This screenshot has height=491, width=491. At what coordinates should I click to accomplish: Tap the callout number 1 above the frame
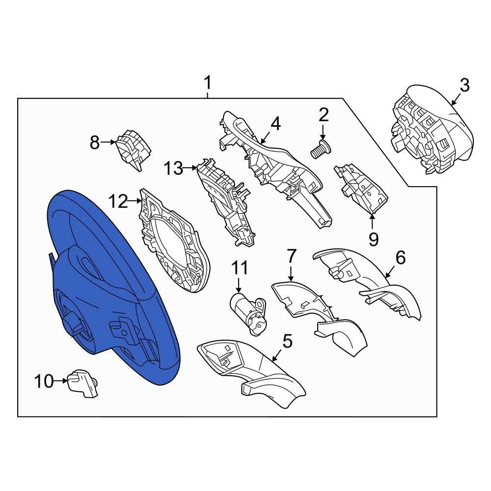[x=208, y=82]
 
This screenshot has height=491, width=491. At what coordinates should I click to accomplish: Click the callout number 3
[x=464, y=85]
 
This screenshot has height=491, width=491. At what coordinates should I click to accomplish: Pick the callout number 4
[x=275, y=124]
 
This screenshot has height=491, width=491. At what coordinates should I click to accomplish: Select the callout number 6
[x=401, y=257]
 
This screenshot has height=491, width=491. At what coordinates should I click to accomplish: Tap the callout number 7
[x=291, y=256]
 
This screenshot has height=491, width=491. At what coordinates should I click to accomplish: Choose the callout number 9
[x=373, y=240]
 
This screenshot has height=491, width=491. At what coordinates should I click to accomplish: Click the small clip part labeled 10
[x=82, y=383]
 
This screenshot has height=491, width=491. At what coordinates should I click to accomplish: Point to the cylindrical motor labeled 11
[x=247, y=313]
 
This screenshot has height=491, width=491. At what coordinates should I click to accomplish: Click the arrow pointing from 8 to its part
[x=109, y=142]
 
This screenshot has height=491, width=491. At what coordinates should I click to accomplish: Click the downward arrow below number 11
[x=239, y=285]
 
